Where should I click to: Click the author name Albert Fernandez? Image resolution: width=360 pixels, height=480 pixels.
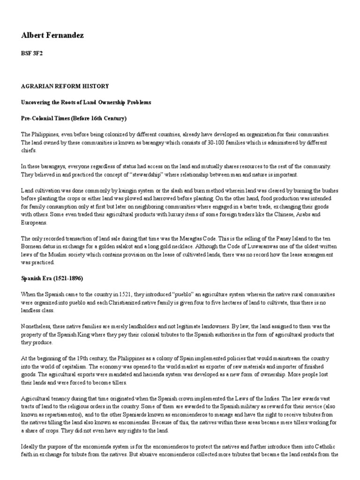[x=52, y=36]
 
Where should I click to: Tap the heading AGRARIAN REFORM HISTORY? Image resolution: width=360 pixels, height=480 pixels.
[x=65, y=86]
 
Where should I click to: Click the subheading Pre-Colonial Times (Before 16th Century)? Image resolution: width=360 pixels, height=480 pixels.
[x=74, y=118]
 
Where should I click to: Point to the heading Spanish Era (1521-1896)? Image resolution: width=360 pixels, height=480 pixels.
[x=52, y=278]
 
